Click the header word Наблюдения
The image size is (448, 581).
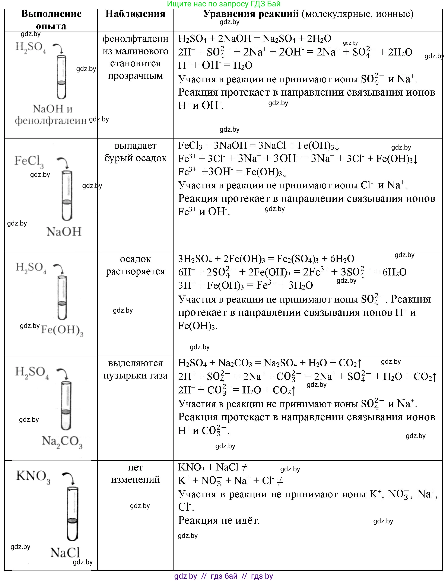(135, 14)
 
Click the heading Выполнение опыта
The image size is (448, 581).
(51, 20)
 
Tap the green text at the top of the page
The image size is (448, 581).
(224, 4)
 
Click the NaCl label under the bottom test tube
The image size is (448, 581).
(65, 553)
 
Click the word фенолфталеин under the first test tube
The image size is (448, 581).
(51, 121)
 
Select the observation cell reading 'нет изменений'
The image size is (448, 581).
(135, 473)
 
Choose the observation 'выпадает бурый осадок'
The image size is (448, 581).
(135, 152)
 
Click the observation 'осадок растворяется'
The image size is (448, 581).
(135, 265)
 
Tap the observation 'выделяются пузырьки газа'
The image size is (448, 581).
(135, 369)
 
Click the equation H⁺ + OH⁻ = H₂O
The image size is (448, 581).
(215, 65)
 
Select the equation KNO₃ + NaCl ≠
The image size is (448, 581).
(213, 467)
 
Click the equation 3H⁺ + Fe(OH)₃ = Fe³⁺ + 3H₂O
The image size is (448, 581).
(245, 285)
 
